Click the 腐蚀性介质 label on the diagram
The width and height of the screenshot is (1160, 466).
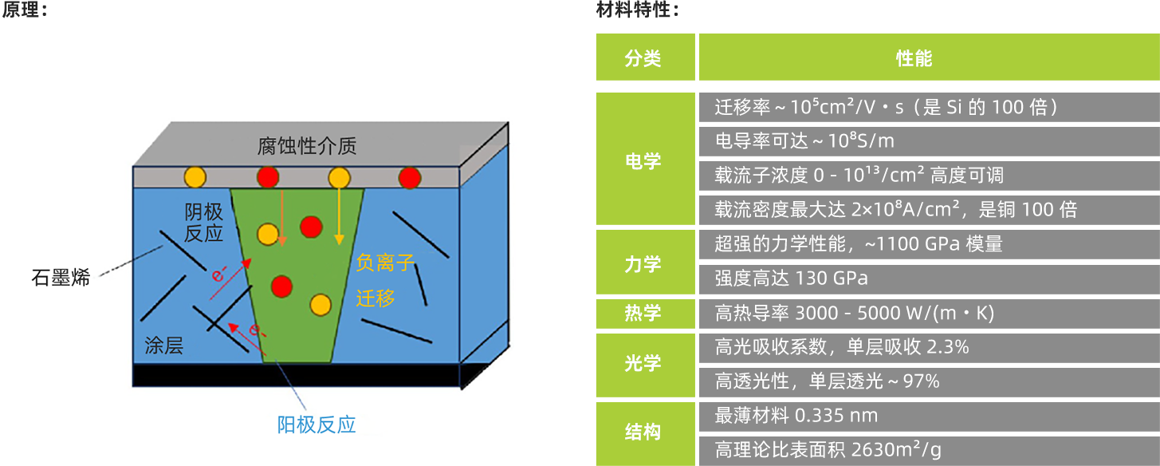307,146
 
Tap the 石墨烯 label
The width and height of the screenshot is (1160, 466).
61,278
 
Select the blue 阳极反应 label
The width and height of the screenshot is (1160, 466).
317,425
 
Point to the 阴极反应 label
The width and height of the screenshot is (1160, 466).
203,223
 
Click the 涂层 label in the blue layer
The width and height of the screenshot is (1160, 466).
163,346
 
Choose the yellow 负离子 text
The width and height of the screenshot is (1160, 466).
385,263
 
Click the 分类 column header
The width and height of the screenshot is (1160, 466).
645,57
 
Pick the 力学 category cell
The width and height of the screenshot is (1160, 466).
645,263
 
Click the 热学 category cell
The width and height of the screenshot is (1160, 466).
645,314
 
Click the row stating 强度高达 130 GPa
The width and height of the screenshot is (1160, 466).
929,279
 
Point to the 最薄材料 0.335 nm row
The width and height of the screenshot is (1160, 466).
929,417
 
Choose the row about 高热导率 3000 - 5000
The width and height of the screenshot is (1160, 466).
929,314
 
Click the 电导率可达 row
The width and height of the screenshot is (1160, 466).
929,141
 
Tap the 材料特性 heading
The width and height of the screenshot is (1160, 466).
638,10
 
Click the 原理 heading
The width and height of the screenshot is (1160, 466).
25,10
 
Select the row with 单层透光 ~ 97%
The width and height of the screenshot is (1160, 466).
929,382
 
